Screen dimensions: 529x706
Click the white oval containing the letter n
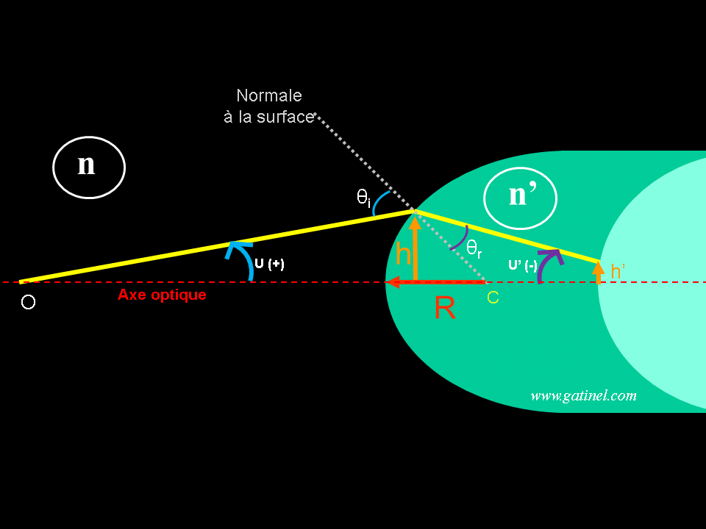tap(88, 168)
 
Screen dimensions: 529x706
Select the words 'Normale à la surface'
tap(268, 106)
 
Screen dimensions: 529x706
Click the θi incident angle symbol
tap(363, 198)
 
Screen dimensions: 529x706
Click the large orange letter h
tap(403, 254)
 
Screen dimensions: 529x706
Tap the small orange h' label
tap(618, 272)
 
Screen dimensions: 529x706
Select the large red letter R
tap(445, 309)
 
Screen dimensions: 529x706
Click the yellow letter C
tap(493, 298)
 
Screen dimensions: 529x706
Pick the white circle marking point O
tap(28, 302)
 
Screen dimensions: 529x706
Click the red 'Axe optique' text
tap(162, 295)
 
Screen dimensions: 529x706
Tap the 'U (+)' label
tap(269, 264)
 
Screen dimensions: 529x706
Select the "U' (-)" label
tap(522, 265)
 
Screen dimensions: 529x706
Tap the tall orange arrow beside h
tap(415, 247)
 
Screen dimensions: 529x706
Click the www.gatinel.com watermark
tap(583, 395)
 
